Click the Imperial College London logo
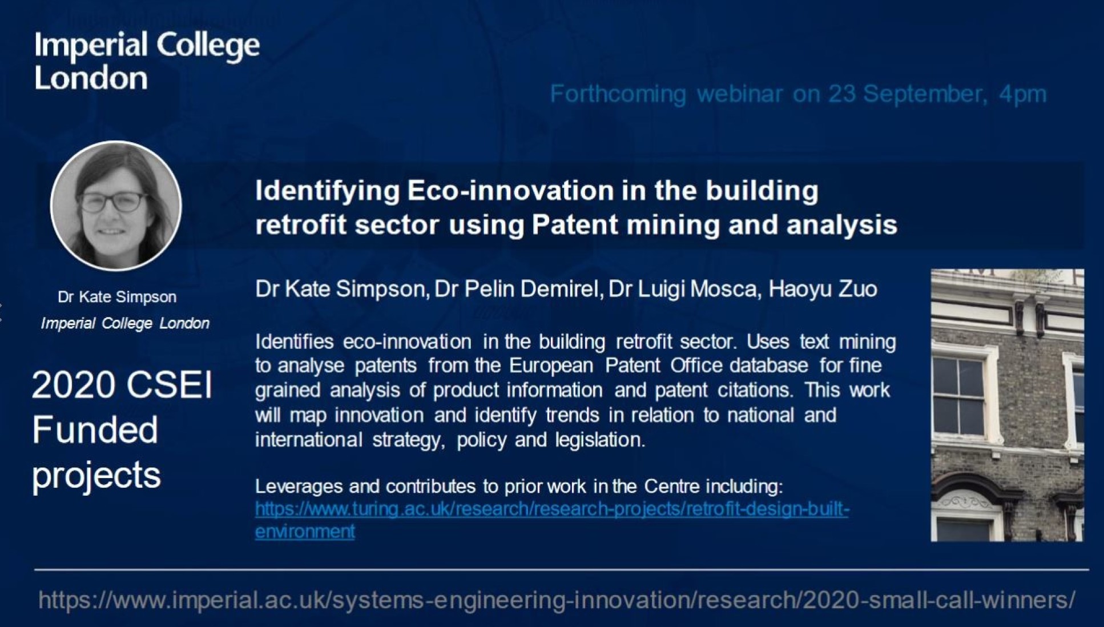147,61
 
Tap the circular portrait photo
116,206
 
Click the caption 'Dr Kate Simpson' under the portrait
117,297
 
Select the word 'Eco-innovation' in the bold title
510,190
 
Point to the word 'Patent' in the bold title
575,224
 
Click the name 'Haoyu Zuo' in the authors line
823,289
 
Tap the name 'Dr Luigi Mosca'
684,289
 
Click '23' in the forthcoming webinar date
842,94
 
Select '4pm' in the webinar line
1023,94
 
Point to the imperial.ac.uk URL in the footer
557,600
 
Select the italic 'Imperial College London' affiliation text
125,323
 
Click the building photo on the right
1007,405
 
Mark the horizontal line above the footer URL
562,569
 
